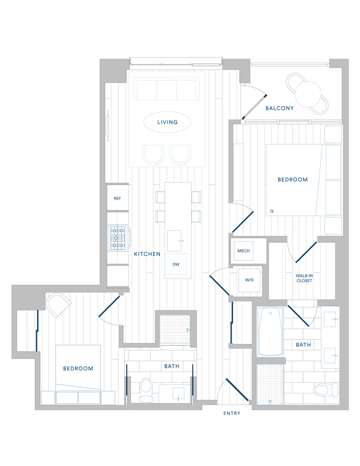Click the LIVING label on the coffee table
tap(167, 122)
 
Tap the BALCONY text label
tap(279, 109)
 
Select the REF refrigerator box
tap(117, 198)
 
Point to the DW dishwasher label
tap(176, 264)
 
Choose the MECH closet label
tap(244, 251)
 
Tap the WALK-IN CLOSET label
tap(304, 278)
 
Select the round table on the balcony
tap(307, 94)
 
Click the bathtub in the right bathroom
tap(271, 331)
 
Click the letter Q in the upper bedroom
tap(272, 211)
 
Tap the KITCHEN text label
tap(147, 254)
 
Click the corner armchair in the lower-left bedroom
tap(58, 304)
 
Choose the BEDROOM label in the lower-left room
tap(78, 368)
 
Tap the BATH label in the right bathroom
tap(303, 345)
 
